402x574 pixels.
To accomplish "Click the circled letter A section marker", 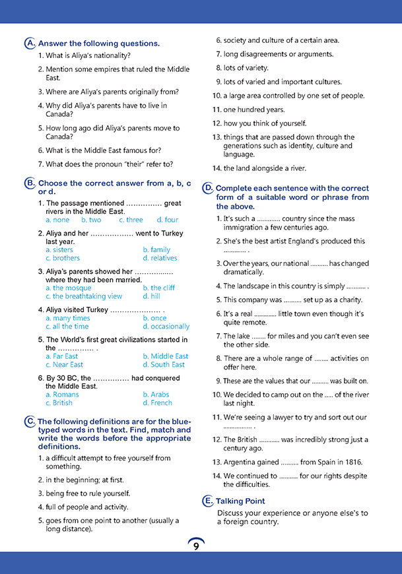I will pos(30,44).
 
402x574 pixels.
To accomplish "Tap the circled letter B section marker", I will pos(30,183).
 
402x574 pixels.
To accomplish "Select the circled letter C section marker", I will pos(30,422).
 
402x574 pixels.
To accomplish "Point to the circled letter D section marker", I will pos(207,188).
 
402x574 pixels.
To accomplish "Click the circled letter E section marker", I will pos(207,501).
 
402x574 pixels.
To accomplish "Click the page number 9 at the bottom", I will pos(196,546).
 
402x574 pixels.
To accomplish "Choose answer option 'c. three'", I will pos(131,220).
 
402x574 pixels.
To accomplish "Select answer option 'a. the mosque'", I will pos(69,288).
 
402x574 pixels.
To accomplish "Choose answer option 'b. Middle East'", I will pos(165,356).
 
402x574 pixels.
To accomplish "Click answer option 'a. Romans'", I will pos(62,395).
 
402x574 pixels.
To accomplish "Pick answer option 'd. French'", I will pos(157,402).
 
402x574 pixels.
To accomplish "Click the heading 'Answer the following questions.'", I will pos(99,44).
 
